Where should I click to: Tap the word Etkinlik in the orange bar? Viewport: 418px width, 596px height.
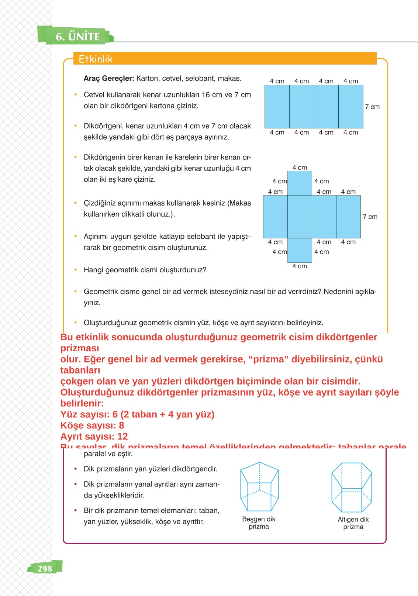click(96, 59)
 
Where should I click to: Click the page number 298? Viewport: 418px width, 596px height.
click(45, 568)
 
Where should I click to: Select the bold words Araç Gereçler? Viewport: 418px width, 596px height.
click(109, 78)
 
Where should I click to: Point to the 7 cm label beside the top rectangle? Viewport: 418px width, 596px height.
click(372, 107)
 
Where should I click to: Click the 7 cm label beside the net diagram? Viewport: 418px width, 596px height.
click(370, 217)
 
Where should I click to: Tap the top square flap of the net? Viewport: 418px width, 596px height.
click(300, 183)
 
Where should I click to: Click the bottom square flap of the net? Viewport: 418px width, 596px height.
click(300, 250)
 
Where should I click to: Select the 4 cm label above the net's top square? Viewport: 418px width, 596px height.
click(300, 168)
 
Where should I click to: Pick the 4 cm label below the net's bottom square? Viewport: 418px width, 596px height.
click(300, 266)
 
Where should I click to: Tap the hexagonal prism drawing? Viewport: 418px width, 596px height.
click(352, 487)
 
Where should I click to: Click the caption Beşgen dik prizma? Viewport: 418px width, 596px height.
click(259, 523)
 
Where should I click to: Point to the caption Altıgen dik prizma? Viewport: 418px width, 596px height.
click(353, 523)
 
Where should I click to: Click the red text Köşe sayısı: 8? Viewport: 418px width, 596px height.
click(92, 425)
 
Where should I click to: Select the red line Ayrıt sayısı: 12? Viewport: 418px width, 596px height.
click(94, 436)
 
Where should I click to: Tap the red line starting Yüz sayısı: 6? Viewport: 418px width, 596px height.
click(137, 414)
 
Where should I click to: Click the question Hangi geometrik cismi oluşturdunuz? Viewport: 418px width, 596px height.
click(145, 270)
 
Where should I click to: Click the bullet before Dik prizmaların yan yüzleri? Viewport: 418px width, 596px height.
click(76, 469)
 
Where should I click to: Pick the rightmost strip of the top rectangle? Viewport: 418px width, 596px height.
click(351, 107)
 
